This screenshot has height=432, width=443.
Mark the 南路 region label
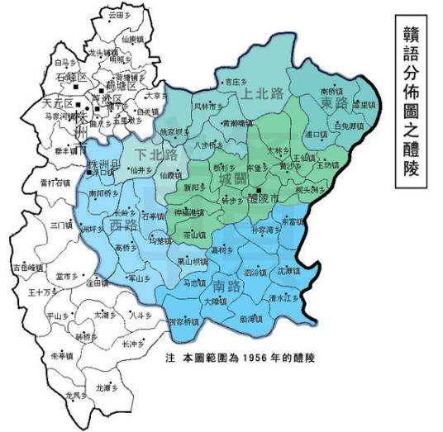pos(227,287)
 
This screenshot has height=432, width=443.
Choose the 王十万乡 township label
pos(41,292)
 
